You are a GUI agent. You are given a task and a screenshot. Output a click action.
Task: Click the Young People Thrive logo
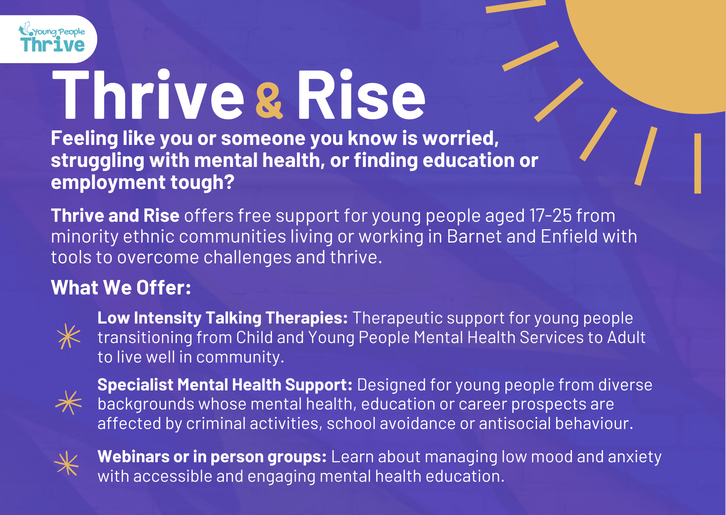[x=52, y=38]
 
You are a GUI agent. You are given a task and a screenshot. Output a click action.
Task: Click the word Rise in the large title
[x=361, y=95]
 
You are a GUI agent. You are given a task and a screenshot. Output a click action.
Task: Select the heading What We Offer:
[x=121, y=287]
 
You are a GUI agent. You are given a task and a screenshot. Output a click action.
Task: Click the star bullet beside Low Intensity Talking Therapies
[x=69, y=336]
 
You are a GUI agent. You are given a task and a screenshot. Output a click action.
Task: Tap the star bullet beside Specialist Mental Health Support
[x=69, y=402]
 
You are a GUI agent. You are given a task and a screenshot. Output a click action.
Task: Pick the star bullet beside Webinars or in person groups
[x=66, y=463]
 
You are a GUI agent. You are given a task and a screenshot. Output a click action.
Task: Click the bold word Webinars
[x=133, y=456]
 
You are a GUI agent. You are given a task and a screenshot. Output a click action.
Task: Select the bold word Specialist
[x=135, y=385]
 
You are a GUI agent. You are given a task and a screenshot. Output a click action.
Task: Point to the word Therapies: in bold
[x=307, y=318]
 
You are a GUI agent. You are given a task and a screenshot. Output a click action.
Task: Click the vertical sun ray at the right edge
[x=698, y=163]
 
